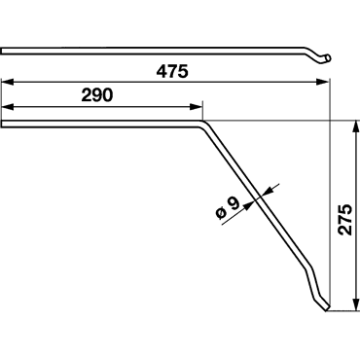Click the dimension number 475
point(172,72)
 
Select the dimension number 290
point(97,95)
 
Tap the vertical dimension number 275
point(344,220)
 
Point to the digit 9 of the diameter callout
point(234,203)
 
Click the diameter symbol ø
point(221,213)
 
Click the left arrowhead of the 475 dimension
point(8,82)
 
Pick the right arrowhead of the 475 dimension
point(322,82)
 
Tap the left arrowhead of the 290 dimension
point(8,107)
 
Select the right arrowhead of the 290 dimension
point(197,107)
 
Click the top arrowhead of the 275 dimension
point(356,126)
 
